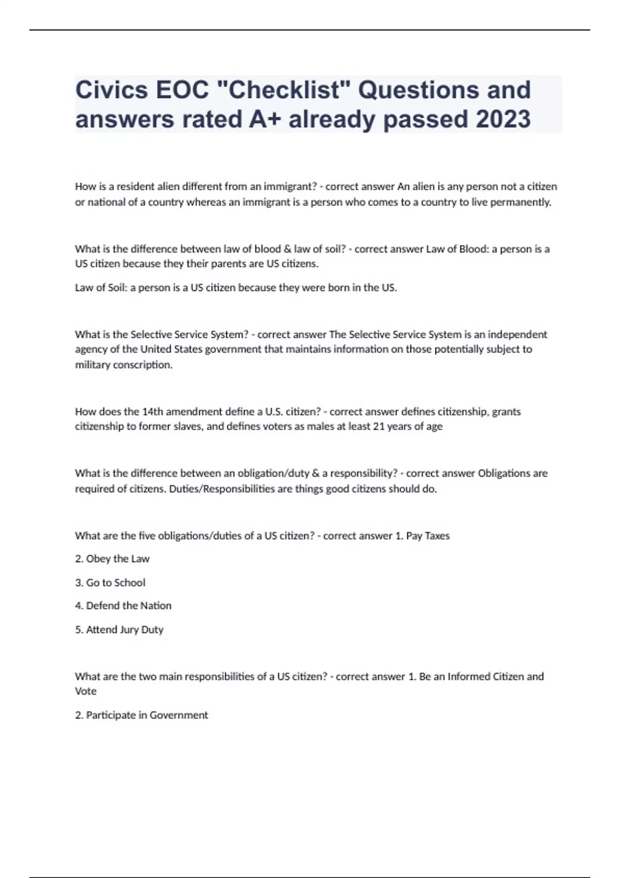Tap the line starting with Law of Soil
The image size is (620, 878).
click(x=236, y=288)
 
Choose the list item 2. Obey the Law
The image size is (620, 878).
click(x=112, y=559)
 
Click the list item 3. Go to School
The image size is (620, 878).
click(x=110, y=583)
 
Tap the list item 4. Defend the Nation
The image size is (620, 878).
click(x=123, y=606)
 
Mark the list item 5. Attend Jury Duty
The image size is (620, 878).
click(x=119, y=630)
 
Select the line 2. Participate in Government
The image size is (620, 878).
click(x=141, y=715)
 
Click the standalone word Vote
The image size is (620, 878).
click(x=86, y=691)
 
